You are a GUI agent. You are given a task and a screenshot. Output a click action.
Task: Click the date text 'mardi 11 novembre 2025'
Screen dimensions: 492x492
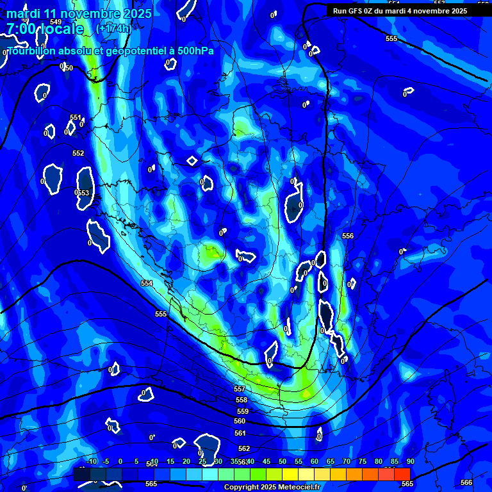(79, 13)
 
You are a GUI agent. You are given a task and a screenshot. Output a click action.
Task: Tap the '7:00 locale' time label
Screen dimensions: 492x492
(45, 29)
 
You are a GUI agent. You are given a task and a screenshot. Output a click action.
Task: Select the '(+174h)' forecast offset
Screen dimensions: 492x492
(113, 29)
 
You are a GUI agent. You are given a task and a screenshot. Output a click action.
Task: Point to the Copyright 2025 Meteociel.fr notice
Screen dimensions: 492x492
(272, 488)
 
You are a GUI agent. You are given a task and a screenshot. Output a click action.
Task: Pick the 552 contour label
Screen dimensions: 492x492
(78, 153)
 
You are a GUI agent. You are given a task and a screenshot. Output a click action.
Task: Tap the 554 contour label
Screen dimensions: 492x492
(147, 283)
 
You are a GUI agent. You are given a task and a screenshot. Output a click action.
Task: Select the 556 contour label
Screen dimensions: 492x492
(348, 236)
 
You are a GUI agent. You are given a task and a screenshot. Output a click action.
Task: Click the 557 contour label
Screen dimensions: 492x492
(240, 389)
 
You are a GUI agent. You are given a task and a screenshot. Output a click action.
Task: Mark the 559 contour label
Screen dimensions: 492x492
(242, 411)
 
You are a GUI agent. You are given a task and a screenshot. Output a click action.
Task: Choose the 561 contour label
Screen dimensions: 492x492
(240, 434)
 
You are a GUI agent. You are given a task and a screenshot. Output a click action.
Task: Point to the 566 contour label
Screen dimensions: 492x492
(466, 482)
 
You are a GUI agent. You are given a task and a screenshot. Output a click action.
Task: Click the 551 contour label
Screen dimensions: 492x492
(76, 117)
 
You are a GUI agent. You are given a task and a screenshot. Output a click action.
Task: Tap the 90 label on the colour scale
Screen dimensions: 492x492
(410, 462)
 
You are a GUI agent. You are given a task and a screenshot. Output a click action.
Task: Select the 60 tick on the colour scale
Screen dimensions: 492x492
(314, 462)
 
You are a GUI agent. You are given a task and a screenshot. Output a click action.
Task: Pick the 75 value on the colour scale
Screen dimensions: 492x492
(362, 462)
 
